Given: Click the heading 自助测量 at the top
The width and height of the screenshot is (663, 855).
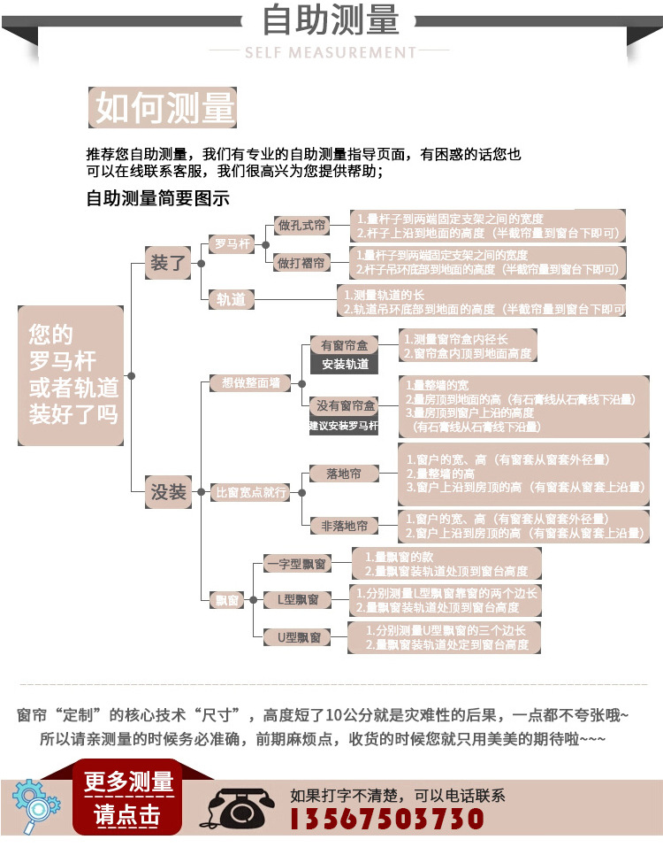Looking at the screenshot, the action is tap(331, 21).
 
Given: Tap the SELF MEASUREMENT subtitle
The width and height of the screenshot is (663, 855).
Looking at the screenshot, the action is tap(331, 52).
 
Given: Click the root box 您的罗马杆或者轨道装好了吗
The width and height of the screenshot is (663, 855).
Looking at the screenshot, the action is tap(72, 375).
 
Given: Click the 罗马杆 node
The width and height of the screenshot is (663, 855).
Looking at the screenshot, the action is tap(232, 243).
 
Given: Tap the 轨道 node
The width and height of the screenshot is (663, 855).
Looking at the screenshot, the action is tap(232, 299).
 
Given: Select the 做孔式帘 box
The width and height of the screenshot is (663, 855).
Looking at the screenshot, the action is tap(301, 226).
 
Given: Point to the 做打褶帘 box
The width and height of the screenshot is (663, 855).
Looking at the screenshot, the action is tap(301, 263).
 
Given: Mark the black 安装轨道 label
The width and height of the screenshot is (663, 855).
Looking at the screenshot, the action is tap(345, 364).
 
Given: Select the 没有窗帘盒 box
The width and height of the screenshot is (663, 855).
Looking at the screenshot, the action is tap(346, 405).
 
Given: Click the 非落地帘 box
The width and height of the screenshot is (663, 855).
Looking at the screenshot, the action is tap(343, 526).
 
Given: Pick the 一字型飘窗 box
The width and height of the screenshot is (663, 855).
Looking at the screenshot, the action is tap(297, 564).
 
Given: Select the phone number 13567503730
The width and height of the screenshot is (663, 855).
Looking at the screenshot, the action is tap(387, 818).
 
